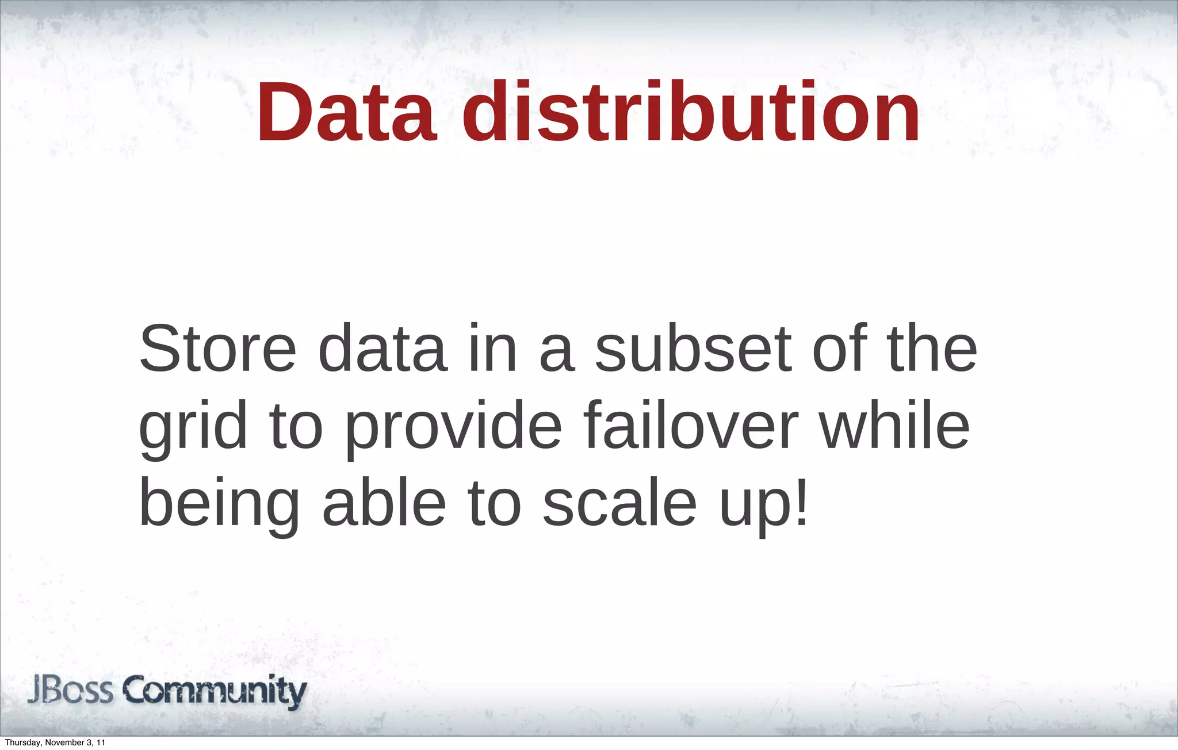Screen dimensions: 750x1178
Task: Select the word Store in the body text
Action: tap(217, 349)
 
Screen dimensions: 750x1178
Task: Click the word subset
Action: tap(693, 349)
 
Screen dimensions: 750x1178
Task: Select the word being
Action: tap(219, 504)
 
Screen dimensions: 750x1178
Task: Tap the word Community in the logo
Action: tap(216, 692)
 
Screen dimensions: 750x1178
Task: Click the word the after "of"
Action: tap(932, 349)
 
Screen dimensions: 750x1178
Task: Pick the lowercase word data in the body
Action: tap(383, 349)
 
